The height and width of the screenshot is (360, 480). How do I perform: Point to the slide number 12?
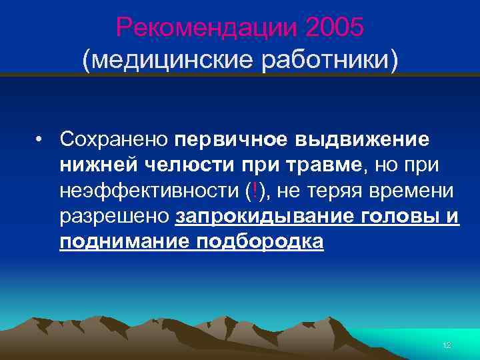tap(447, 344)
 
